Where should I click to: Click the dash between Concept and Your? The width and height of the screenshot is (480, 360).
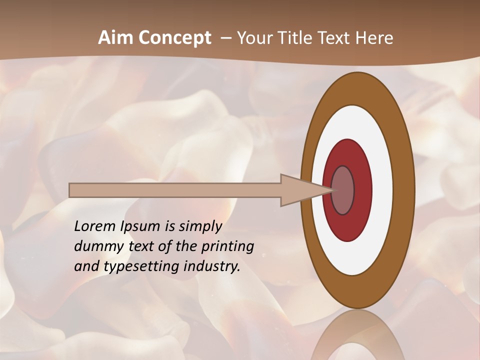pyautogui.click(x=224, y=38)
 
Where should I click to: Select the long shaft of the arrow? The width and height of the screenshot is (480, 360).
pyautogui.click(x=175, y=190)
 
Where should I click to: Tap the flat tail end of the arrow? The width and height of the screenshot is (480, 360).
pyautogui.click(x=70, y=190)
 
